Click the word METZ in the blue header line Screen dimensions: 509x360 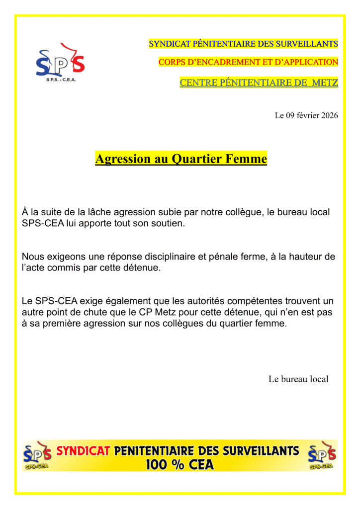[x=325, y=83]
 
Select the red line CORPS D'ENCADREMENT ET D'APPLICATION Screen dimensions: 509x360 [x=248, y=62]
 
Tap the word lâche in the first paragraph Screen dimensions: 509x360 [x=99, y=212]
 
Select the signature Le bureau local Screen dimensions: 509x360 [x=298, y=379]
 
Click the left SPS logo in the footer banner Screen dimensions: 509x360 [x=37, y=455]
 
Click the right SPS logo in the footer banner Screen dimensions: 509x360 [x=322, y=455]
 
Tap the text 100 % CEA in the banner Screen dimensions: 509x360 [x=180, y=465]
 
